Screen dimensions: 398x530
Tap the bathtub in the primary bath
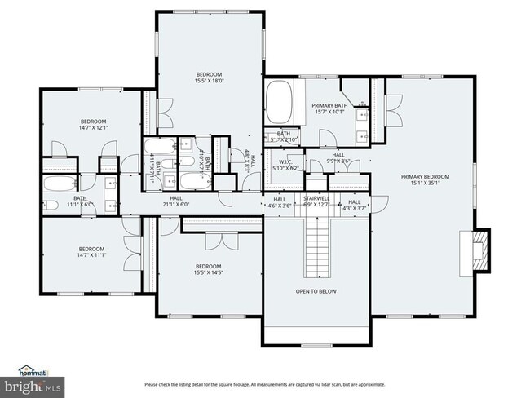(x=279, y=103)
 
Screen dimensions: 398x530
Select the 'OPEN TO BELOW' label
(x=316, y=291)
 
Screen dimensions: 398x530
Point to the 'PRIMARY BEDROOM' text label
(x=424, y=176)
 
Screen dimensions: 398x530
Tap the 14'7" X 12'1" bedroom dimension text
(x=94, y=128)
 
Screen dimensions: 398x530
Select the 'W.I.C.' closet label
(x=285, y=161)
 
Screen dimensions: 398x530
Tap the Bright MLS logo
(x=33, y=384)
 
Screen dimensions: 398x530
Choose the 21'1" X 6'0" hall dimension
(x=175, y=205)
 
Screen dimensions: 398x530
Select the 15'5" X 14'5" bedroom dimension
(x=209, y=272)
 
